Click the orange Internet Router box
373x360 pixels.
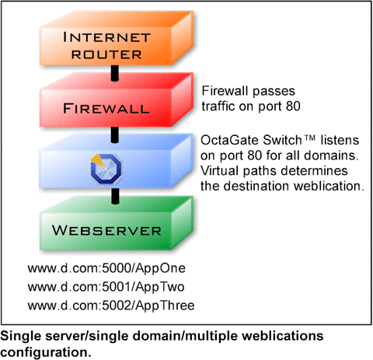(116, 38)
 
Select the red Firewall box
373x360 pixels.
(116, 100)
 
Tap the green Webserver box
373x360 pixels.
(116, 223)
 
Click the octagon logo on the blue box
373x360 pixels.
(106, 169)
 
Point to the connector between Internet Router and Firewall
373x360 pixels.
(115, 73)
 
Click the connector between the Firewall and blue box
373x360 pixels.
(115, 135)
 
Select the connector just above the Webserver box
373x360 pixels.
(115, 196)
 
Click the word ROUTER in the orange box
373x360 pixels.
(106, 54)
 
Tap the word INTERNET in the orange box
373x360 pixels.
(106, 37)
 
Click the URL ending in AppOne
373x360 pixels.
(106, 268)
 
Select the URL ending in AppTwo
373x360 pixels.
(106, 287)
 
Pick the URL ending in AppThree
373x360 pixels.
(111, 306)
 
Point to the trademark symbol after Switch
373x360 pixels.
(309, 138)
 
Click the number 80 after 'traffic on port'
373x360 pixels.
(293, 106)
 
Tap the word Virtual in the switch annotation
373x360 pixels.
(220, 171)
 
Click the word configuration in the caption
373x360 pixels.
(46, 353)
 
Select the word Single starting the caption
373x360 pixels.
(21, 337)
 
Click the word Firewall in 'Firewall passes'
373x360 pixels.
(225, 91)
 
